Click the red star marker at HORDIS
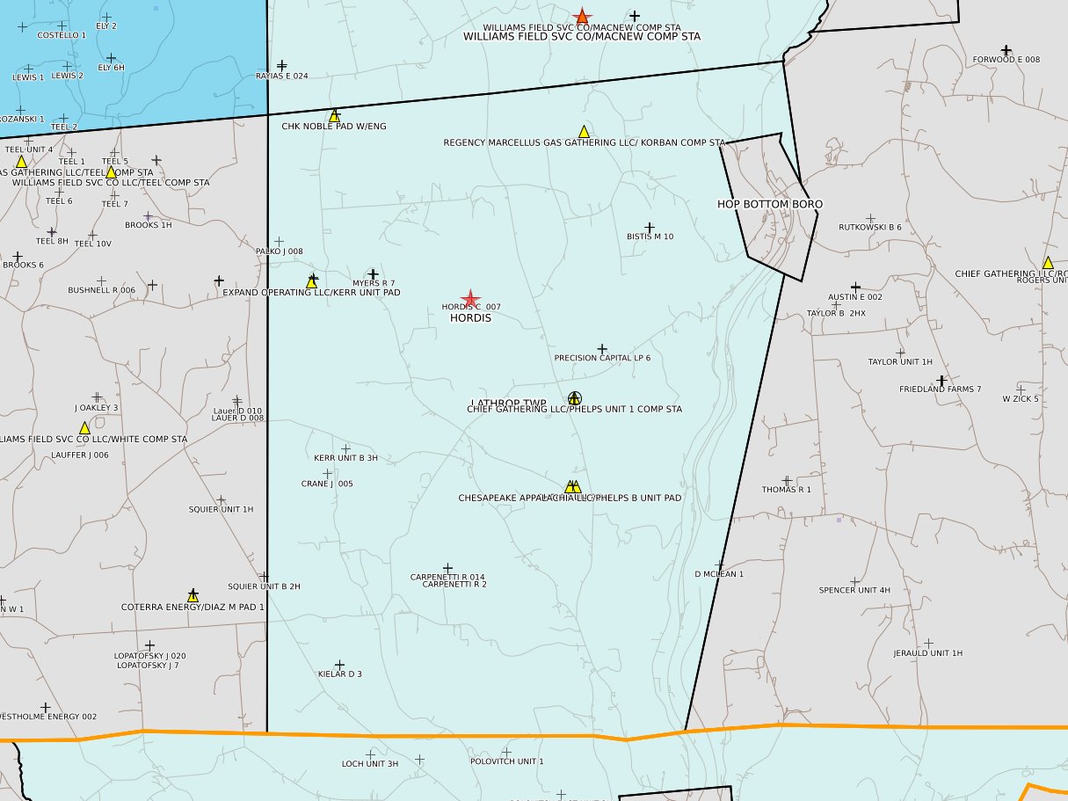click(470, 300)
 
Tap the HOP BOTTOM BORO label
click(770, 204)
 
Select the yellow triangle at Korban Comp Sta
click(584, 131)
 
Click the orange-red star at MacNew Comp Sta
click(582, 17)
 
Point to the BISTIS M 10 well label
click(650, 237)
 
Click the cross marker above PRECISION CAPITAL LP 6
click(602, 349)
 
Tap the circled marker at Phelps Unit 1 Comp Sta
click(575, 398)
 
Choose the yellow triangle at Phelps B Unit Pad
click(572, 486)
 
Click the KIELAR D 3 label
click(340, 674)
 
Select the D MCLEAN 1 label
click(719, 574)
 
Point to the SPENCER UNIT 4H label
click(854, 590)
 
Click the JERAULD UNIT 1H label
click(928, 653)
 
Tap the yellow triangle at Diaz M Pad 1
click(193, 595)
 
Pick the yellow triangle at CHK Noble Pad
click(334, 115)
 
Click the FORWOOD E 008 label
click(1006, 60)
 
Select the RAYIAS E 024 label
click(282, 76)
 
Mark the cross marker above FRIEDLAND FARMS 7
click(941, 381)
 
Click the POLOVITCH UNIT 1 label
click(507, 761)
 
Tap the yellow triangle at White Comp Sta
click(84, 427)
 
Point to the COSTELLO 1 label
click(62, 35)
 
